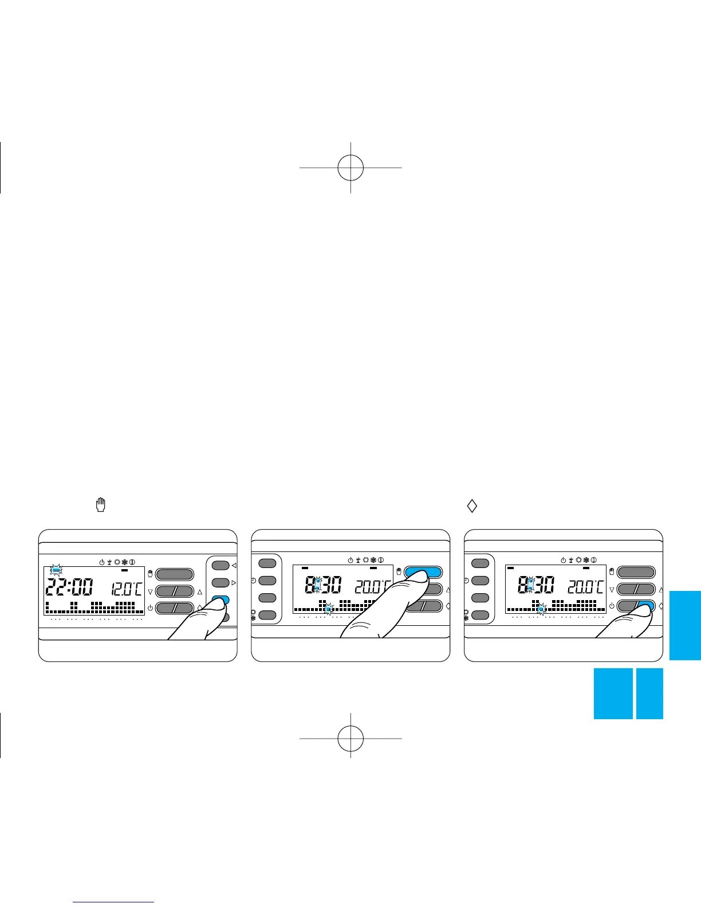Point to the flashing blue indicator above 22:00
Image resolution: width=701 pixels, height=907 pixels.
[x=56, y=570]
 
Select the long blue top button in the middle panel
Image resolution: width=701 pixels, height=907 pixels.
[x=423, y=572]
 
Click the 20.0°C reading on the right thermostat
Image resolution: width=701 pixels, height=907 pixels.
[x=586, y=587]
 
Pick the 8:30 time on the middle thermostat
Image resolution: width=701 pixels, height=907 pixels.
[x=324, y=587]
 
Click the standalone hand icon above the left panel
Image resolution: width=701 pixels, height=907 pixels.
[x=101, y=505]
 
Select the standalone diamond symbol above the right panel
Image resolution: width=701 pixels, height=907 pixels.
[x=472, y=506]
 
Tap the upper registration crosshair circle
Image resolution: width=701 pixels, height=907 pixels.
[x=350, y=168]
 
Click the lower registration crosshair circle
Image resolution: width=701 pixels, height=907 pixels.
[x=350, y=738]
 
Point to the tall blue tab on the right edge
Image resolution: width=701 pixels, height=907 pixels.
[x=684, y=625]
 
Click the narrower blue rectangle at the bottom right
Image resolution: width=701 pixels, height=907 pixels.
[x=649, y=693]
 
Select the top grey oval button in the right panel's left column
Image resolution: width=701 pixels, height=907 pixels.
[x=480, y=563]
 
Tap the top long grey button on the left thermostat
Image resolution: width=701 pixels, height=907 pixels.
[x=175, y=574]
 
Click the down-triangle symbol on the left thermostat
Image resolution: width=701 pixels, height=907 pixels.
[x=150, y=591]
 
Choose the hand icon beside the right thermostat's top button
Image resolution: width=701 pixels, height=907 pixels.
[x=611, y=571]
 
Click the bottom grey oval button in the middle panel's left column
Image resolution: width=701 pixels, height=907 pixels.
[x=267, y=616]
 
